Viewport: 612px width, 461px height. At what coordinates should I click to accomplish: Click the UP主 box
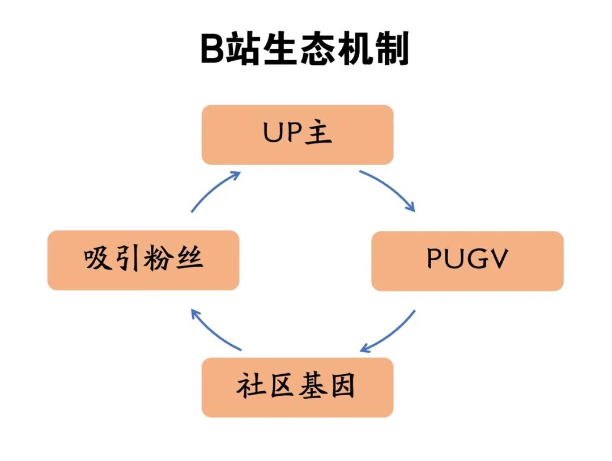pos(297,134)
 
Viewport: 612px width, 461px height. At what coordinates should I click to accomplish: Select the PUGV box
pos(467,261)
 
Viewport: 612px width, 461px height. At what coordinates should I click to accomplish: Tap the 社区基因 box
pos(297,387)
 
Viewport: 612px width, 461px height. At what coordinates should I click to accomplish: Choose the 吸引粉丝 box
pos(143,260)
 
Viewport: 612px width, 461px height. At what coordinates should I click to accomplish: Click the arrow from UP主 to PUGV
pos(390,188)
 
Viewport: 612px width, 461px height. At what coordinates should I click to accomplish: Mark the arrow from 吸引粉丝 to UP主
pos(214,191)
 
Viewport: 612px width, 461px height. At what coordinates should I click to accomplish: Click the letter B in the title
pos(213,50)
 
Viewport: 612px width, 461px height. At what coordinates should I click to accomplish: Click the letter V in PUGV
pos(499,260)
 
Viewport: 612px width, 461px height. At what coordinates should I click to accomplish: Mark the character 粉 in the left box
pos(159,260)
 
